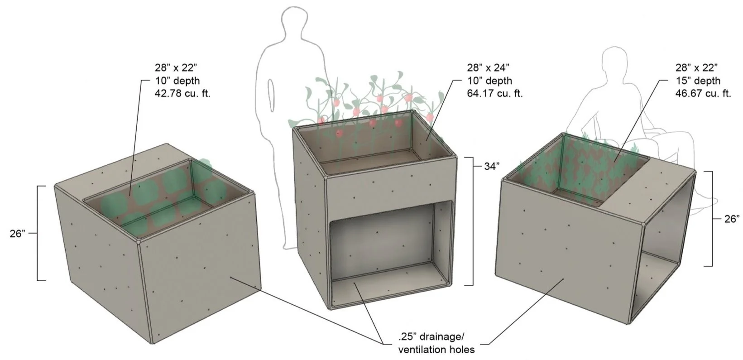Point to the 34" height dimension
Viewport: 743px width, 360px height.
pos(492,166)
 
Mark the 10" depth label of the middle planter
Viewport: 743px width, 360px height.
pos(490,81)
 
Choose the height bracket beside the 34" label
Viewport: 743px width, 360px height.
pos(471,221)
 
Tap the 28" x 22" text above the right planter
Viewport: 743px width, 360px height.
pos(695,68)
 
